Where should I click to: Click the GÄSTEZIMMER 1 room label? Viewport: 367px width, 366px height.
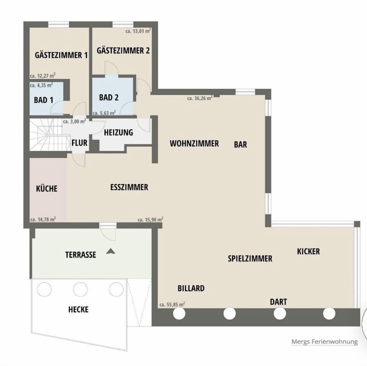[61, 55]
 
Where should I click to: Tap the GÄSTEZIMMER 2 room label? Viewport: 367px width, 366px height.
[123, 50]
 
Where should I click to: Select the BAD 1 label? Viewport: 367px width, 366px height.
[43, 100]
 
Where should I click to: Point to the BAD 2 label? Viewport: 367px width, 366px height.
[109, 97]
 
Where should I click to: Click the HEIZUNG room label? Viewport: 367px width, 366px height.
[119, 133]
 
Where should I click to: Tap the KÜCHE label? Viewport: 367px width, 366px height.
[47, 188]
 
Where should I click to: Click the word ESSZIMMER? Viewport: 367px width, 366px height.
[129, 188]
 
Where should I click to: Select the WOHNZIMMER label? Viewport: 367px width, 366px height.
[194, 144]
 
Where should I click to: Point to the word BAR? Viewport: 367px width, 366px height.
[240, 144]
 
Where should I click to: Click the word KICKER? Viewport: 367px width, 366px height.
[308, 251]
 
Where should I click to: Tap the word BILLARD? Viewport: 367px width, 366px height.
[191, 288]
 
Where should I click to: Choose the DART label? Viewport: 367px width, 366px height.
[278, 302]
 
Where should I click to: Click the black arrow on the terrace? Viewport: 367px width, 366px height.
[111, 251]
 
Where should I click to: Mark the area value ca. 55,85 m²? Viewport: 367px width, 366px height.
[172, 304]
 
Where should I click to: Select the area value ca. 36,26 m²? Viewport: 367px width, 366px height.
[200, 98]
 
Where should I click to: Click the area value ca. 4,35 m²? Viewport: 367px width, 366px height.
[41, 85]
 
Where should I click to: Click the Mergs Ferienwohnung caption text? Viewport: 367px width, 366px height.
[324, 342]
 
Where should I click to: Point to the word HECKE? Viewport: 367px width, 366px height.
[78, 309]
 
